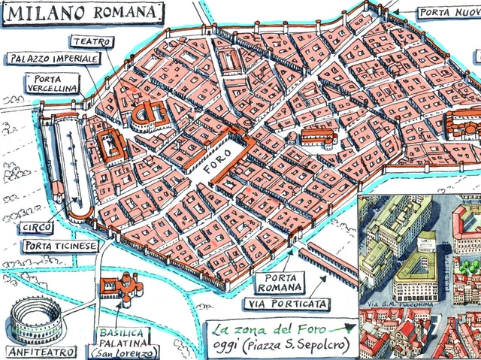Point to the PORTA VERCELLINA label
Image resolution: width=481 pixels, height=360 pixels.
51,84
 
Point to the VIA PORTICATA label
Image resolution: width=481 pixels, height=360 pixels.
286,304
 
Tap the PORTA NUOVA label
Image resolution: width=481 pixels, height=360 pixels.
448,12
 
